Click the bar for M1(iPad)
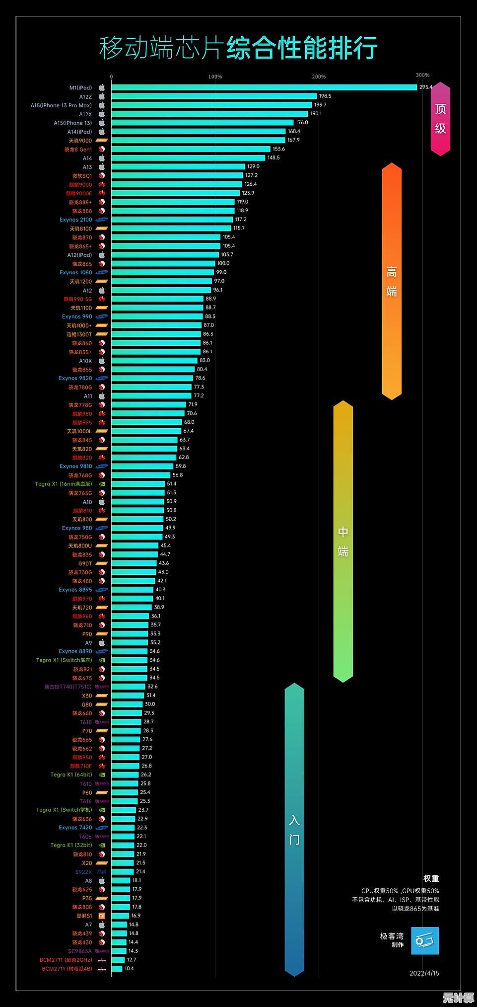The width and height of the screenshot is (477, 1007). (x=264, y=87)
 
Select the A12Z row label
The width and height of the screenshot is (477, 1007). (x=85, y=96)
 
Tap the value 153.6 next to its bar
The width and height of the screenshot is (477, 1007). (x=278, y=149)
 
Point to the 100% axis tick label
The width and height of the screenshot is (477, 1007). (x=215, y=77)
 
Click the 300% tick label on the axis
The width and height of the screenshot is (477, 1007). (x=422, y=76)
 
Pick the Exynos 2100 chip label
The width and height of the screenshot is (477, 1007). (x=75, y=220)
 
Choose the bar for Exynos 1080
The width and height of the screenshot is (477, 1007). (x=162, y=272)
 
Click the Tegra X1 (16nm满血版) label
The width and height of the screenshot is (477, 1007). (x=64, y=484)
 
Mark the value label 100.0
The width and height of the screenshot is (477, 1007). (x=223, y=263)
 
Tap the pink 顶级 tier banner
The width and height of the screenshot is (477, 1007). (x=440, y=119)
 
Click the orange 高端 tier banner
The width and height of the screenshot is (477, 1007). (x=392, y=281)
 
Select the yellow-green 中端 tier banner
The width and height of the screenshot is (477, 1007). (x=343, y=542)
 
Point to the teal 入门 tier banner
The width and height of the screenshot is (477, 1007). (x=294, y=829)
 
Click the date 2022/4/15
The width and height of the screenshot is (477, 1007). (x=424, y=973)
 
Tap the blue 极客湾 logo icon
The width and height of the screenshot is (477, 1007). (x=425, y=940)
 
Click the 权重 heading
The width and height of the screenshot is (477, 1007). (x=431, y=878)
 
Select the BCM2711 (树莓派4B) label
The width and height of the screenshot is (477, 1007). (x=67, y=968)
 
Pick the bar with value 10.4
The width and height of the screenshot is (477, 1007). (x=117, y=968)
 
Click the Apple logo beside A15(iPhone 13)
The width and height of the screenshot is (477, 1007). (x=102, y=123)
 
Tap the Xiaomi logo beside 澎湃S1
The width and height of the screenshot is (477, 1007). (x=101, y=916)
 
